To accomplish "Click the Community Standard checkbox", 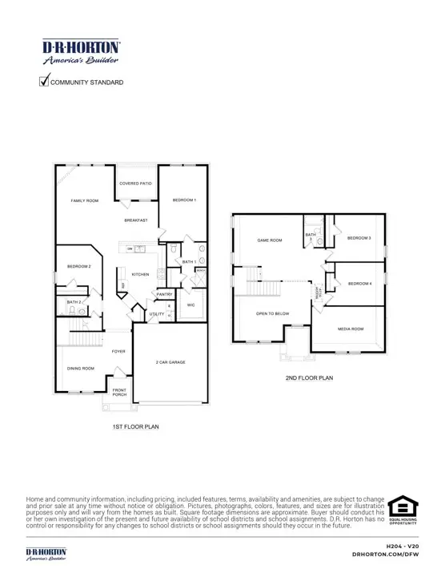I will coord(44,81).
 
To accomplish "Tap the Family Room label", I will coord(84,200).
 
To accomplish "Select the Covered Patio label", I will coord(135,184).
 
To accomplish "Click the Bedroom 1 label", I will coord(184,200).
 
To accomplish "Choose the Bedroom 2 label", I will coord(78,266).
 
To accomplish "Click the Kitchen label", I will coord(141,274).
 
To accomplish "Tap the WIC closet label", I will coord(191,305).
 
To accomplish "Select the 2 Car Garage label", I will coord(170,362).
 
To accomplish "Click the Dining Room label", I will coord(80,369).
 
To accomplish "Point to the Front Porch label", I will coord(120,391).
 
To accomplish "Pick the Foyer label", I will coord(118,350).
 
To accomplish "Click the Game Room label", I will coord(268,240).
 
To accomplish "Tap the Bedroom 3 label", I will coord(359,238).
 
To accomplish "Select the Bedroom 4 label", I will coord(360,283).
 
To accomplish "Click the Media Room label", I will coord(351,329).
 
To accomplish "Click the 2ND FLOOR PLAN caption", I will coord(309,377).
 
